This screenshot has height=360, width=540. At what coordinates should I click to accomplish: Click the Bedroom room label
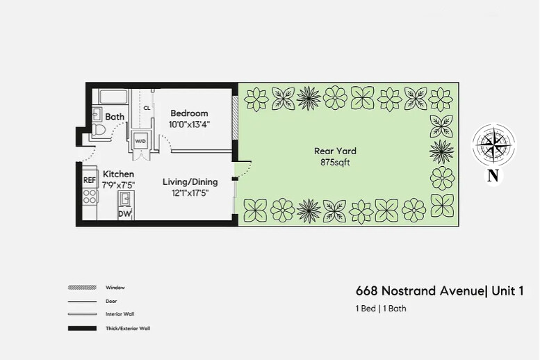pos(189,113)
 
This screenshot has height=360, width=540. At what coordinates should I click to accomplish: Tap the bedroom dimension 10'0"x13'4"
pos(189,124)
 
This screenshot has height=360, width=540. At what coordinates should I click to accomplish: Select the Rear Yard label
pos(335,151)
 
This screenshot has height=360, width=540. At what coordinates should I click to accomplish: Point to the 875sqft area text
pos(335,162)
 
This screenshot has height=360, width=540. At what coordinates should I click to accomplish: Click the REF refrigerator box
pos(90,180)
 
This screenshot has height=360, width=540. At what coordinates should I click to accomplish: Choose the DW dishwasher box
pos(124,214)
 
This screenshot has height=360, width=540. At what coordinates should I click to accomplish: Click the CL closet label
pos(147,108)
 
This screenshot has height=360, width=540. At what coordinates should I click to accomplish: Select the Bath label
pos(115,117)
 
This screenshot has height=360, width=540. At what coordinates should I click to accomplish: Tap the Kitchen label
pos(118,174)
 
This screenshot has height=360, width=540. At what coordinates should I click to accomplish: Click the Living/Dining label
pos(190,182)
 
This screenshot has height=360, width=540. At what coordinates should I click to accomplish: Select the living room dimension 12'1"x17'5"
pos(190,193)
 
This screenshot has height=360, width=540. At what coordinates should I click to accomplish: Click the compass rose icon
pos(493,145)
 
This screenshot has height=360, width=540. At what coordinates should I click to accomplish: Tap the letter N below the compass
pos(493,177)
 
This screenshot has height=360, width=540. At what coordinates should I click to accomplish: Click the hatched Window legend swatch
pos(82,288)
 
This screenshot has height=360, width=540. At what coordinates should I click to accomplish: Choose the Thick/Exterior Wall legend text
pos(127,328)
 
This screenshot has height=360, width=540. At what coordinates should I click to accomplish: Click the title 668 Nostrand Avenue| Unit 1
pos(439,291)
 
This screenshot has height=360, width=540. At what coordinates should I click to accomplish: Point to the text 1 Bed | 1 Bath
pos(381,309)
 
